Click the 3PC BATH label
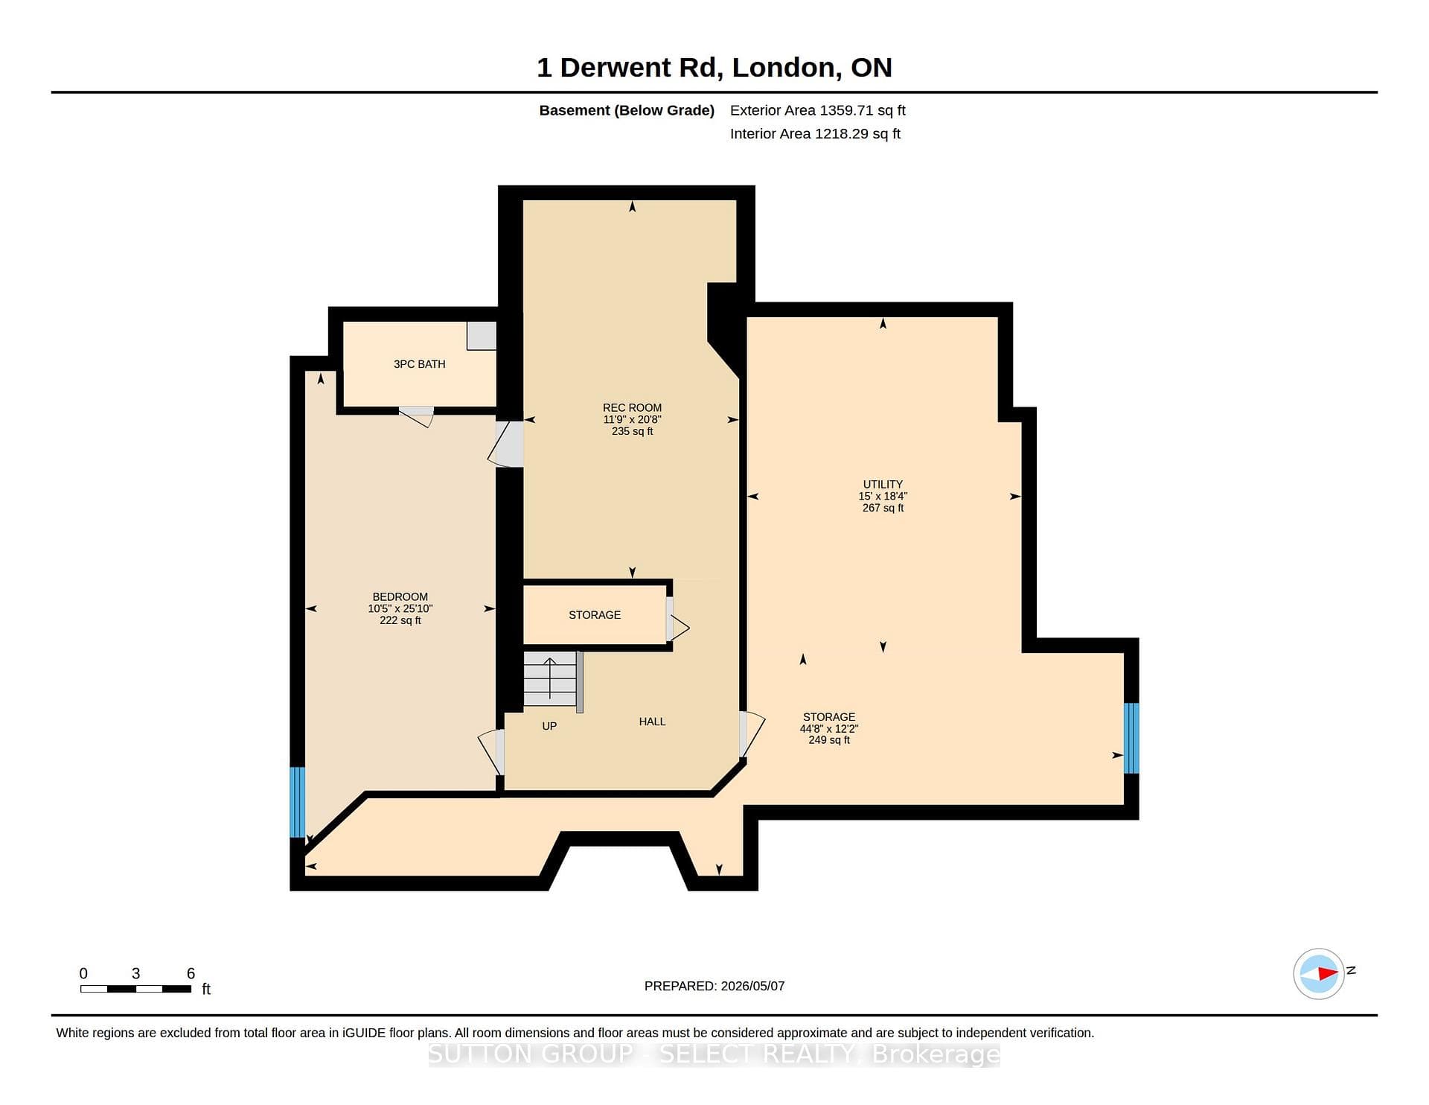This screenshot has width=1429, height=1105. (x=419, y=364)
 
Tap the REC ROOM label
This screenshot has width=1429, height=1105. (x=632, y=408)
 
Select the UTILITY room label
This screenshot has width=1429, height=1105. (x=883, y=484)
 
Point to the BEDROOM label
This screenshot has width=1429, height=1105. (x=400, y=596)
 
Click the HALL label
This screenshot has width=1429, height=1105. (x=652, y=722)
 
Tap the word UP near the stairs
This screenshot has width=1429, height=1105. (x=549, y=726)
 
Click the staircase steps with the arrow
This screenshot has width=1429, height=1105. (x=550, y=679)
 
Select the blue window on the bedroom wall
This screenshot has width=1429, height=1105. (x=297, y=802)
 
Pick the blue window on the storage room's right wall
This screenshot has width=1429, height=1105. (x=1131, y=739)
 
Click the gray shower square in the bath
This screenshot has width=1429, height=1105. (x=482, y=336)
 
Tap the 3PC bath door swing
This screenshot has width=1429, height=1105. (x=417, y=417)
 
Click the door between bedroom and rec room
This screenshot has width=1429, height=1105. (x=506, y=445)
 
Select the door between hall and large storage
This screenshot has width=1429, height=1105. (x=752, y=735)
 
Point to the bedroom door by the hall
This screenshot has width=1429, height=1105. (x=491, y=752)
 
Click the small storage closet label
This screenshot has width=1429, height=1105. (x=595, y=615)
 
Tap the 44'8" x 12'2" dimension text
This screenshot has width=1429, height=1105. (x=829, y=729)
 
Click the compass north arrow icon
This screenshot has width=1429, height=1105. (x=1319, y=973)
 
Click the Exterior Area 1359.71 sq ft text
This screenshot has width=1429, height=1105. (x=817, y=110)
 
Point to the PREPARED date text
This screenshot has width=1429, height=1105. (x=714, y=986)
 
